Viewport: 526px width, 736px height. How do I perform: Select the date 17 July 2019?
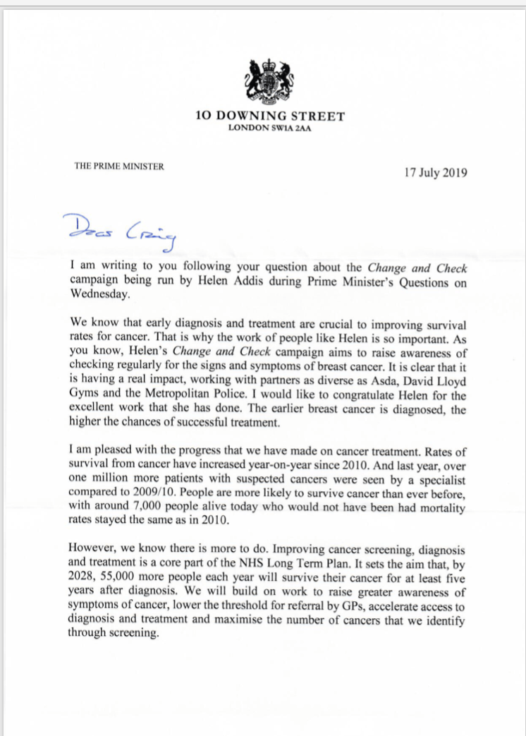click(436, 172)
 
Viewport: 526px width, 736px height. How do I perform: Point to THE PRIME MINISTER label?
click(119, 167)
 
